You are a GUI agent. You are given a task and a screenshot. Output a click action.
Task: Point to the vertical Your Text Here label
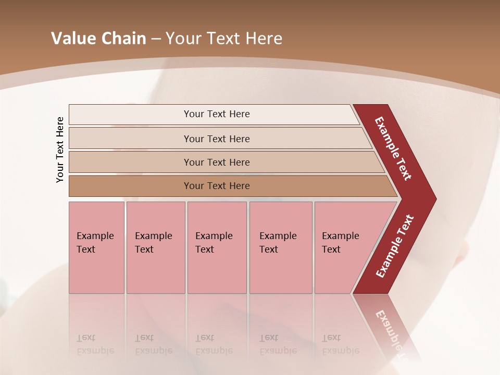60,149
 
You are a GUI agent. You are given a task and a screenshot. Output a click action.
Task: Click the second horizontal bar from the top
217,139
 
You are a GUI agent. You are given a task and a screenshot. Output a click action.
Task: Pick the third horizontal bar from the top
217,162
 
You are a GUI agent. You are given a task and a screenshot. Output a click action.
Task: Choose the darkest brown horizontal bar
217,186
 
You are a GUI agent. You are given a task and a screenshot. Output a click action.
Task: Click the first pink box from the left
96,247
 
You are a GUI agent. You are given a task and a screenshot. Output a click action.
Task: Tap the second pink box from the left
155,247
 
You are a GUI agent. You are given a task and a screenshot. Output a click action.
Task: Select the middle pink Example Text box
217,247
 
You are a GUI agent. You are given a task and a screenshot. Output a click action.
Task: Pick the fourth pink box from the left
280,247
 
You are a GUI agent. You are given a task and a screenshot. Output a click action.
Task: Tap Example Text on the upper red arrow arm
393,148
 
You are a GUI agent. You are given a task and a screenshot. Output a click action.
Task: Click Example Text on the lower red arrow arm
395,246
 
